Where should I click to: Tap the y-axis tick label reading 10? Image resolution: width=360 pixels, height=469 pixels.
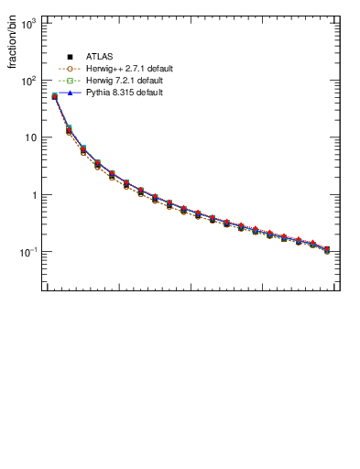click(29, 137)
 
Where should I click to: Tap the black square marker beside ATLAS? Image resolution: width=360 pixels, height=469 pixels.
click(70, 56)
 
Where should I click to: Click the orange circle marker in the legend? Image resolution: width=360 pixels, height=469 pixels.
click(70, 69)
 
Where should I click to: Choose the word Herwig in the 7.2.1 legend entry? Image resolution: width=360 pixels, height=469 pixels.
click(99, 82)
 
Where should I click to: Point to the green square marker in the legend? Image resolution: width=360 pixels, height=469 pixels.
click(70, 82)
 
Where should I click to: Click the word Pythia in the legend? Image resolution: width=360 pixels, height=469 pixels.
click(98, 94)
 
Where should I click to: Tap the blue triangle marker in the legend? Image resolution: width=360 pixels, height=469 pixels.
click(70, 94)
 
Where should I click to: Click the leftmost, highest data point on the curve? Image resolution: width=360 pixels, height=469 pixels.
click(55, 96)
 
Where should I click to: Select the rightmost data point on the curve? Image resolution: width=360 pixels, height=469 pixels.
click(327, 249)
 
